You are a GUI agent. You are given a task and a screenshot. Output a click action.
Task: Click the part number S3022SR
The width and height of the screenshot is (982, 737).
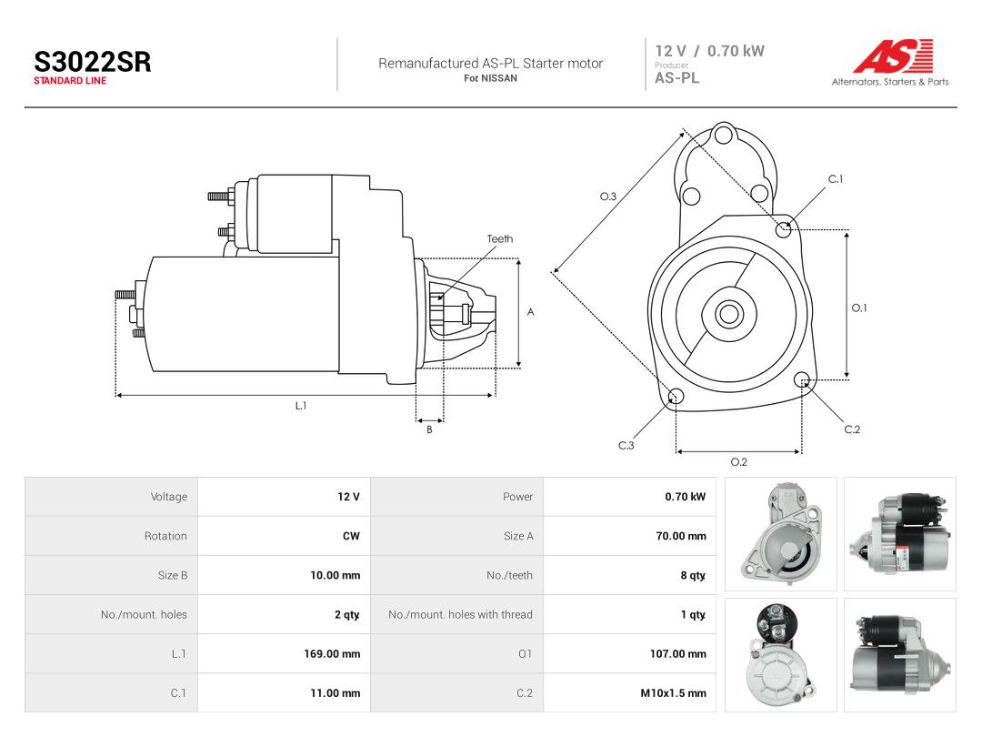[92, 62]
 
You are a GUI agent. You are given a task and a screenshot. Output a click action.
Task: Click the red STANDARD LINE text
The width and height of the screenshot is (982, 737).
[70, 81]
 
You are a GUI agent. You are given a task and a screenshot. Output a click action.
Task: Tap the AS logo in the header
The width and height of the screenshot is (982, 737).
[893, 56]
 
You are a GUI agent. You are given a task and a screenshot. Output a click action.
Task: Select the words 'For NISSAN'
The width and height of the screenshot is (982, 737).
[490, 78]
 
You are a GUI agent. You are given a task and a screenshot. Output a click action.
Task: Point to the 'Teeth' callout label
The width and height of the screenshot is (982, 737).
[500, 238]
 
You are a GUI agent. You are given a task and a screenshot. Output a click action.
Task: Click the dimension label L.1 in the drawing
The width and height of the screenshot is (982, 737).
[301, 406]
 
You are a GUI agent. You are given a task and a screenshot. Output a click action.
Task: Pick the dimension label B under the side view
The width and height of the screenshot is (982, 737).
[429, 429]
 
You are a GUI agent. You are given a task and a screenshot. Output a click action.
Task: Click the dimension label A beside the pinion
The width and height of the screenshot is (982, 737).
[530, 312]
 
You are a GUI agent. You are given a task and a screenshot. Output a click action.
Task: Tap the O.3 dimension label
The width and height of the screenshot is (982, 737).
[608, 197]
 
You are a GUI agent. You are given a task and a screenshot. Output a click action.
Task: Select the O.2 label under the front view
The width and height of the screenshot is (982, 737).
[739, 462]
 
